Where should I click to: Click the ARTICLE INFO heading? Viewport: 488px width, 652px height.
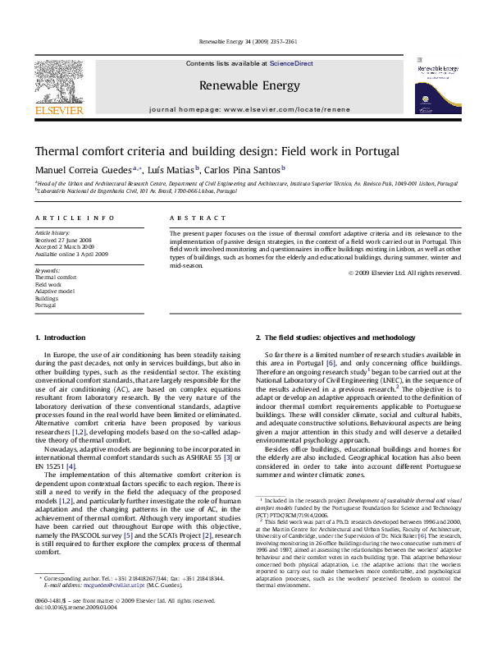[75, 218]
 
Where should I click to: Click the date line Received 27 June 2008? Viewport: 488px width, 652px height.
[66, 240]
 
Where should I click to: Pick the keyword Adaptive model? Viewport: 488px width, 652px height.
[55, 292]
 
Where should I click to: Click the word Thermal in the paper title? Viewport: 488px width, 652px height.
[57, 151]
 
